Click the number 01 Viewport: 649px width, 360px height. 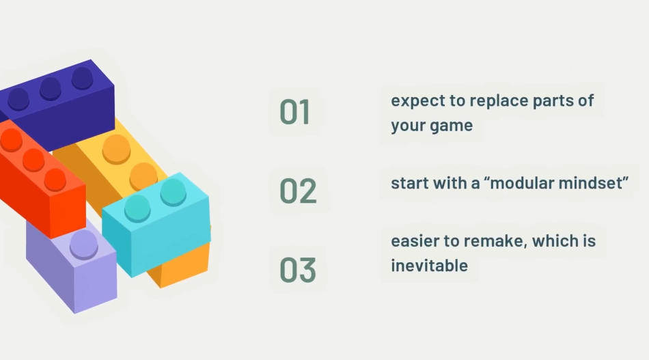point(294,112)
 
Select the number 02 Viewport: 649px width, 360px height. point(298,191)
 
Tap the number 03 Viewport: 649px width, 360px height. point(298,270)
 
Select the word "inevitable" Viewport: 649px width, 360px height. point(429,266)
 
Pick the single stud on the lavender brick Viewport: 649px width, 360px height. point(84,244)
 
